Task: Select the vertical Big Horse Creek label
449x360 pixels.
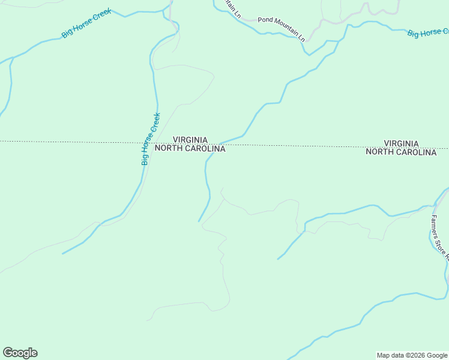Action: click(151, 139)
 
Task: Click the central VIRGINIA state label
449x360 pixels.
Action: click(190, 139)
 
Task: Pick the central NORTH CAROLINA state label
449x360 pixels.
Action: click(190, 149)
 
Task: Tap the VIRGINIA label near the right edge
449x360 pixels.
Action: click(401, 143)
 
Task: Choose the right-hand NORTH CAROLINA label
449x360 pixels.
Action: click(401, 152)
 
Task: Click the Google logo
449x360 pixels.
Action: click(20, 353)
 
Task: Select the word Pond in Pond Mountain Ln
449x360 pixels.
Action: click(265, 20)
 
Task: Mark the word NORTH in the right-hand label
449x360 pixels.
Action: click(379, 152)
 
